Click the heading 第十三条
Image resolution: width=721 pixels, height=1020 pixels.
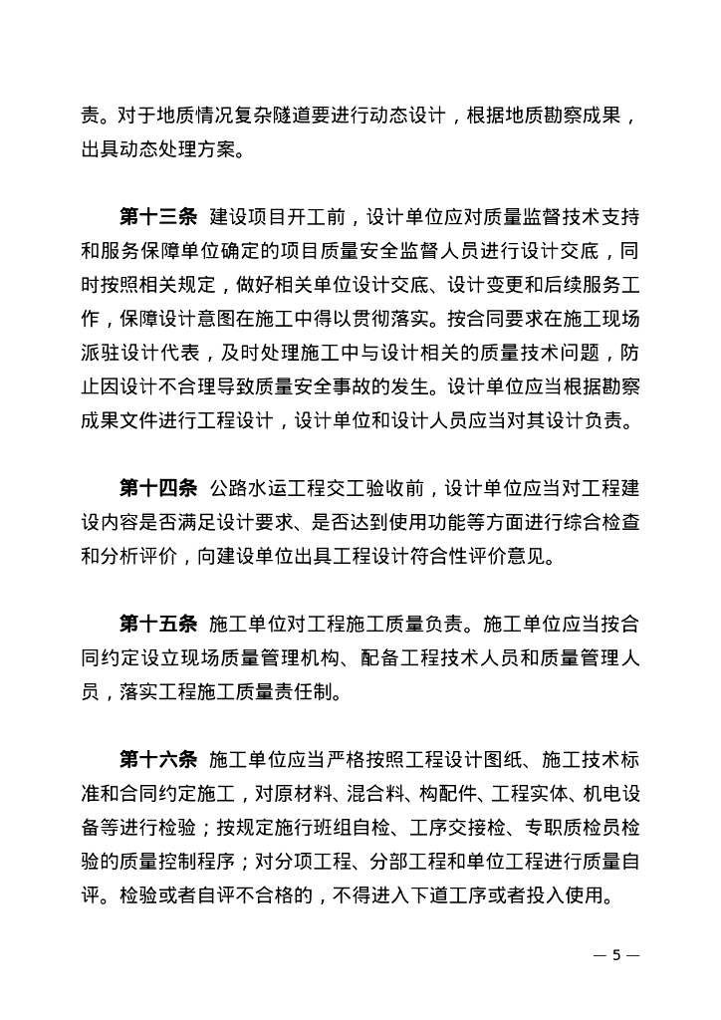[159, 216]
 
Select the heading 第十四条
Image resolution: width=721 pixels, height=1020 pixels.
[159, 488]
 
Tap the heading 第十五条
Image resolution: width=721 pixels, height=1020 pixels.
[159, 625]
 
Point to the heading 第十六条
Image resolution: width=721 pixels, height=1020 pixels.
[159, 760]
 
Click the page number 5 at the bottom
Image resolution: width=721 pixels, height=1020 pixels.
[616, 954]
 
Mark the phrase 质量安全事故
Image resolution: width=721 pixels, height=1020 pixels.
[354, 386]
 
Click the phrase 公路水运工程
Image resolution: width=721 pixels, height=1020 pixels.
[267, 488]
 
